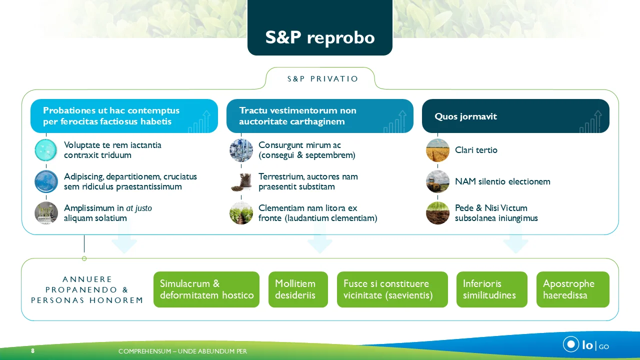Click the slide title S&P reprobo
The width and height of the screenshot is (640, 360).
(x=320, y=37)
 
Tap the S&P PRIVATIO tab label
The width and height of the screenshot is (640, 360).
(x=323, y=79)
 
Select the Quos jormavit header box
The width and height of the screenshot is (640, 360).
(x=515, y=116)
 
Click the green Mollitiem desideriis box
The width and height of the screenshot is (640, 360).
(x=298, y=289)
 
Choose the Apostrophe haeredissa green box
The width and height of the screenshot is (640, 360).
(x=572, y=289)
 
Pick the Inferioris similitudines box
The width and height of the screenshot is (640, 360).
(x=491, y=289)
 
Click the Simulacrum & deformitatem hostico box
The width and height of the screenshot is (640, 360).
(x=206, y=289)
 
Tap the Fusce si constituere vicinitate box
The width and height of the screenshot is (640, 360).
(x=392, y=289)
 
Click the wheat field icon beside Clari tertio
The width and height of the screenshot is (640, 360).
(x=438, y=150)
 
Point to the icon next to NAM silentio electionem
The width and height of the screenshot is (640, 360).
(x=438, y=181)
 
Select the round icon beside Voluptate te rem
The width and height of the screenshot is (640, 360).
(x=46, y=150)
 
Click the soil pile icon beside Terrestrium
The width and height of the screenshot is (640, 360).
(x=241, y=181)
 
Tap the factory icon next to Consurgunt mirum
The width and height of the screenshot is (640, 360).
(x=241, y=150)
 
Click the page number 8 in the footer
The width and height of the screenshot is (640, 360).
(x=33, y=351)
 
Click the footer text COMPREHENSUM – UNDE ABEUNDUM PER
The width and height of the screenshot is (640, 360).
(x=182, y=351)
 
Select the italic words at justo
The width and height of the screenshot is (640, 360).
(x=139, y=208)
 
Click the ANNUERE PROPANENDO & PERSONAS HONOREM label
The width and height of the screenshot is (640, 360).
(x=87, y=289)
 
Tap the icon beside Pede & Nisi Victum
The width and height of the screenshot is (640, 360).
(x=438, y=213)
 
